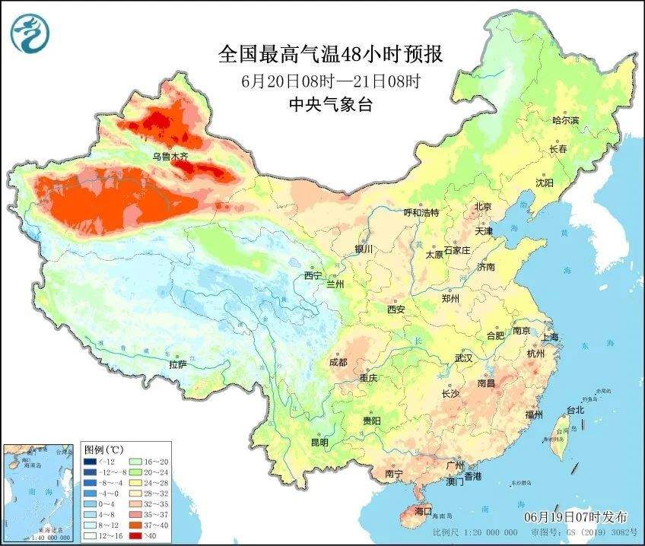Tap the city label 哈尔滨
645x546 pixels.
tap(565, 121)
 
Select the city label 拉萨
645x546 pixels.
tap(176, 364)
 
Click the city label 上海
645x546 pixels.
tap(551, 337)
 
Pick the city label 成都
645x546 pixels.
tap(338, 362)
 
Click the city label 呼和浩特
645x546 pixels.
tap(421, 212)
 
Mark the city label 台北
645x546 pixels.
tap(575, 410)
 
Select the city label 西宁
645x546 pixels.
tap(313, 275)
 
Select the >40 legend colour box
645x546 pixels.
tap(135, 535)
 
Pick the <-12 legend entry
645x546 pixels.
tap(100, 462)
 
